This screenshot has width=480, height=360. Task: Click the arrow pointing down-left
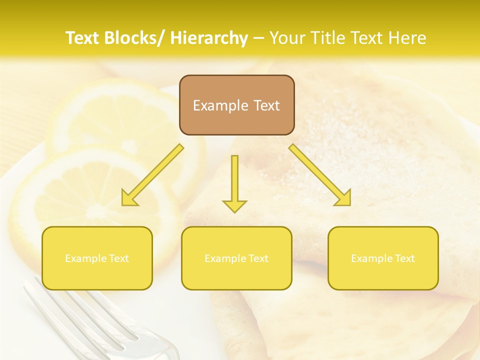(152, 175)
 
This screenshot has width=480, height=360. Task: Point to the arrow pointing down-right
(320, 175)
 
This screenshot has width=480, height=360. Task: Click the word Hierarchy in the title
(209, 38)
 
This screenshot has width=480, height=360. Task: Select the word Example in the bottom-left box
(85, 258)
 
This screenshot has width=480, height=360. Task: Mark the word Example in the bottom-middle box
(225, 258)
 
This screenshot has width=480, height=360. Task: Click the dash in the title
(258, 38)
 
